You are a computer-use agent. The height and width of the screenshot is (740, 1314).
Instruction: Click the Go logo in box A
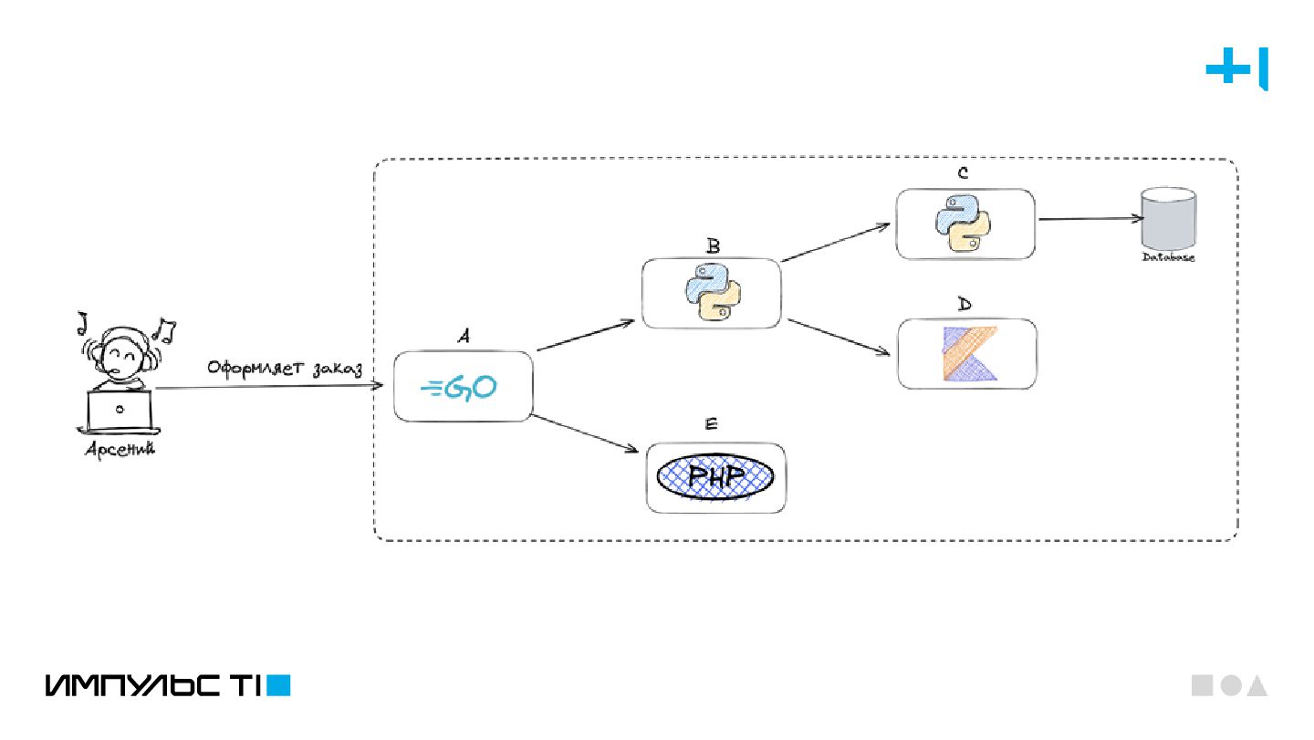[459, 388]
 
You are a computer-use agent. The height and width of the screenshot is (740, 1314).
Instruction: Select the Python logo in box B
[712, 292]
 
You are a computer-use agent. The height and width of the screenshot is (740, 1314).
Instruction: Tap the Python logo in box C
[964, 224]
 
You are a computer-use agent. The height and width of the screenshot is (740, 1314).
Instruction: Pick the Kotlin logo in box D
[967, 353]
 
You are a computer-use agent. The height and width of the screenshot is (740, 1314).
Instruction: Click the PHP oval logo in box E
[715, 476]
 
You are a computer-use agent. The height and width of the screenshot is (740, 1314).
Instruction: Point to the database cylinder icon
[1168, 219]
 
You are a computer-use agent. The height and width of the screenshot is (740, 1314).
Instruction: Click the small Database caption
[1168, 258]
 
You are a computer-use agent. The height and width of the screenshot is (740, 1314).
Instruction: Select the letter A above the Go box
[464, 338]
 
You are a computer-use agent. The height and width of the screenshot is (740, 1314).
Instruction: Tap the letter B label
[713, 245]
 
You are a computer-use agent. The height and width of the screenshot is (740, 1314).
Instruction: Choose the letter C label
[963, 174]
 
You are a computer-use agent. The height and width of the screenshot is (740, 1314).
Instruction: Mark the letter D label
[965, 305]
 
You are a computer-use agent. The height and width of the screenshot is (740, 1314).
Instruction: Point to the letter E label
[712, 424]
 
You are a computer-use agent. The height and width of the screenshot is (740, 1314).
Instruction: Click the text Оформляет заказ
[284, 369]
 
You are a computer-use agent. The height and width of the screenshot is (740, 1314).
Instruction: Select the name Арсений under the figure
[120, 449]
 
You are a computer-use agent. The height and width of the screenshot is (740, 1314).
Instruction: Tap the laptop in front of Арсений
[120, 412]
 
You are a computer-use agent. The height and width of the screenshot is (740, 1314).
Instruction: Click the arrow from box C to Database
[1090, 219]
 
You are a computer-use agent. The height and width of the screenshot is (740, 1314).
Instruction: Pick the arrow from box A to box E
[584, 433]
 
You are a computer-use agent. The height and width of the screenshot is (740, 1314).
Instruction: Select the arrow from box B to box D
[839, 338]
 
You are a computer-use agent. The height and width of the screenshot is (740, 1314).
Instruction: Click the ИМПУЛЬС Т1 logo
[167, 685]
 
